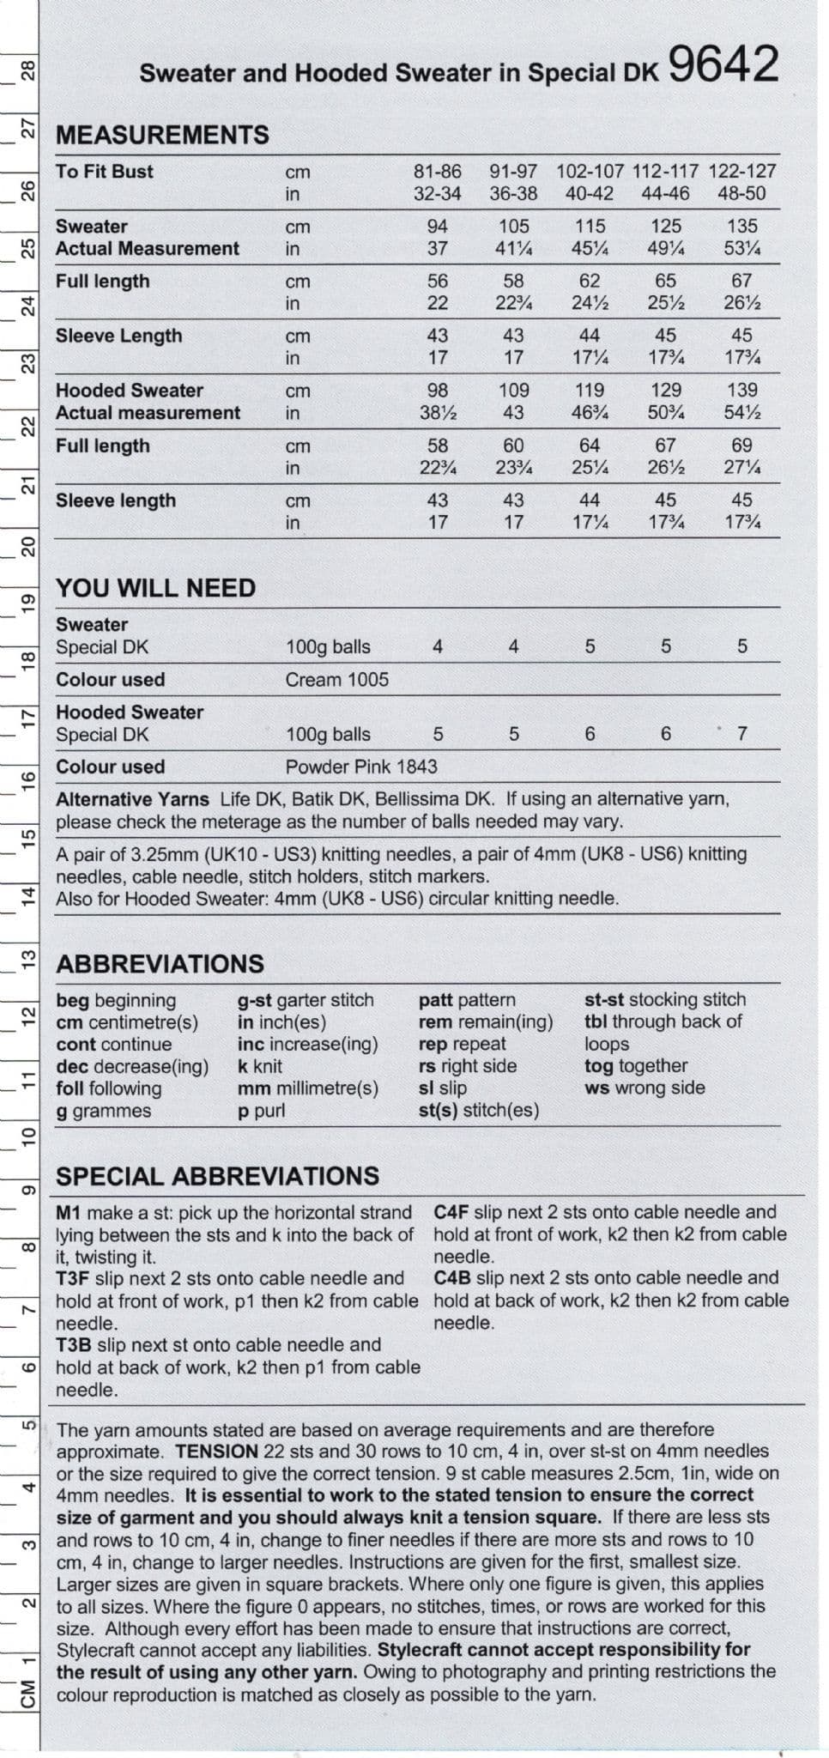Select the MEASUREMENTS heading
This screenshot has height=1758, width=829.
[x=162, y=135]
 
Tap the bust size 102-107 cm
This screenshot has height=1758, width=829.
[x=590, y=171]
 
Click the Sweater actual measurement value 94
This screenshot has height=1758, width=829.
[x=438, y=226]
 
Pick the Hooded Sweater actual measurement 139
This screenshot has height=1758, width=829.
[x=741, y=390]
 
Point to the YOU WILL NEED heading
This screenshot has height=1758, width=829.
[x=155, y=588]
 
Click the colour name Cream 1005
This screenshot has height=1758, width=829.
[x=336, y=679]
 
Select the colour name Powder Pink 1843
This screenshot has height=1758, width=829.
[x=361, y=767]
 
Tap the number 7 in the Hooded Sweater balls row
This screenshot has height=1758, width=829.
[x=742, y=733]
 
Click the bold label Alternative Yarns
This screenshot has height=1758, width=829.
[x=132, y=799]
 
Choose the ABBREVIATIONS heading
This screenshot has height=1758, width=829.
[x=160, y=964]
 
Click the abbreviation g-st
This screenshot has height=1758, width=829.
[x=254, y=1000]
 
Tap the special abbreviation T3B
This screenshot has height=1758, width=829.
[x=75, y=1344]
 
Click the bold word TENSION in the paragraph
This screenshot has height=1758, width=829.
[x=216, y=1451]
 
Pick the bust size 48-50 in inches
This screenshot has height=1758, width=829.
[x=741, y=193]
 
